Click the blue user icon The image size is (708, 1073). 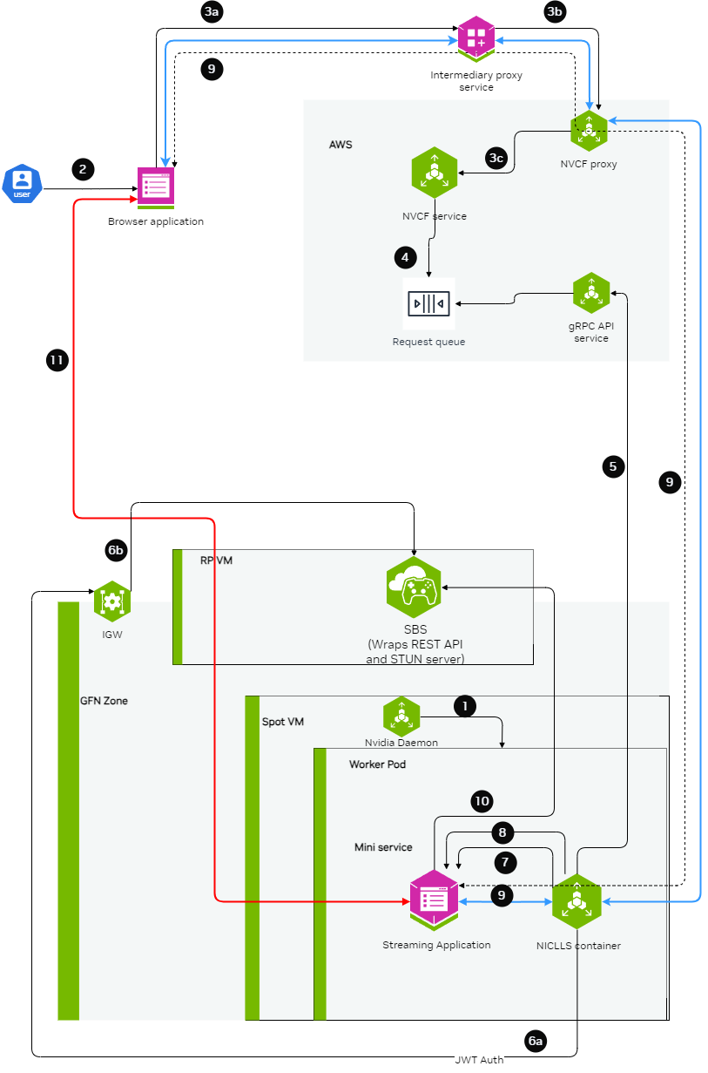pyautogui.click(x=22, y=184)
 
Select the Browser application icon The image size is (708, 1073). pyautogui.click(x=156, y=187)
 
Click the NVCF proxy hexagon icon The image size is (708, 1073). pyautogui.click(x=589, y=131)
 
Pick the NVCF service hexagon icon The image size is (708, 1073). pyautogui.click(x=435, y=172)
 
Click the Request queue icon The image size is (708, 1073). pyautogui.click(x=428, y=303)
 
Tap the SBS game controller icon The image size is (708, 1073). pyautogui.click(x=415, y=587)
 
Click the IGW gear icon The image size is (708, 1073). pyautogui.click(x=111, y=601)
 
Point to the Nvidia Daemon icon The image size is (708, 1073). pyautogui.click(x=401, y=716)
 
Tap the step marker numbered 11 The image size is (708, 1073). pyautogui.click(x=57, y=359)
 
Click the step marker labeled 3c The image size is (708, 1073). pyautogui.click(x=496, y=159)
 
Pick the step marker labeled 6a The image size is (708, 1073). pyautogui.click(x=536, y=1040)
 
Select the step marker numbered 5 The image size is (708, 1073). pyautogui.click(x=613, y=466)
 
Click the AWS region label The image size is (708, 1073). pyautogui.click(x=341, y=145)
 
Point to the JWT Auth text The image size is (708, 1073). pyautogui.click(x=478, y=1060)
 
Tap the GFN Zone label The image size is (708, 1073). pyautogui.click(x=104, y=701)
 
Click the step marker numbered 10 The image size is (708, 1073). pyautogui.click(x=482, y=801)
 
